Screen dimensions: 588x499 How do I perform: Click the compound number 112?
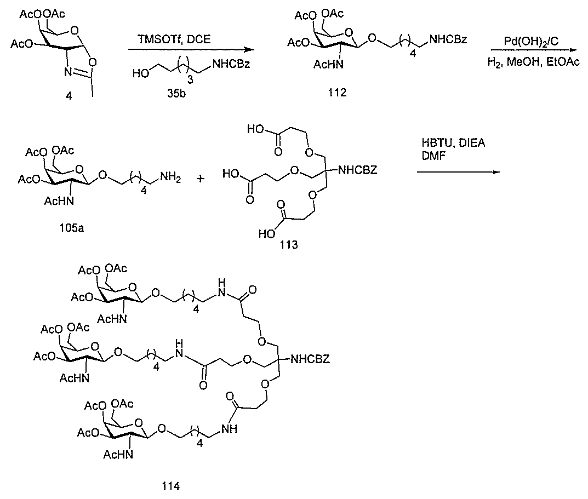point(337,92)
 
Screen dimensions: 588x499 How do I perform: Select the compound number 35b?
point(176,93)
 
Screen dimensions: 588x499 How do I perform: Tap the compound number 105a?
point(71,227)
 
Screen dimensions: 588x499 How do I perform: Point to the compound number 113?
point(288,245)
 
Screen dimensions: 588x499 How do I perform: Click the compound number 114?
point(170,486)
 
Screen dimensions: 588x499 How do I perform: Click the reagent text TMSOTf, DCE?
point(174,39)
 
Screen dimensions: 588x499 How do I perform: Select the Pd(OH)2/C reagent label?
point(531,42)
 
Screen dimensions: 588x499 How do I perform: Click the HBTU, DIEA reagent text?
point(453,143)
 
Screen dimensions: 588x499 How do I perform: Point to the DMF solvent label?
point(433,156)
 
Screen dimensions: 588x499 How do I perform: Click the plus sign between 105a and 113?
point(200,179)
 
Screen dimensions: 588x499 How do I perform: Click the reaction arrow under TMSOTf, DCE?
point(191,49)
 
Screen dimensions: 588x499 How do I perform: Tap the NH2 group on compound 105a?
point(170,177)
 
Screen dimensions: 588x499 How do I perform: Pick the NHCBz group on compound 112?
point(448,39)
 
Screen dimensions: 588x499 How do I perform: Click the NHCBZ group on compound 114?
point(310,359)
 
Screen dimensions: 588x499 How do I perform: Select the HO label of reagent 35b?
point(141,74)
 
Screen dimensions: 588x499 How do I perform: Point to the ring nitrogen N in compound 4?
point(67,72)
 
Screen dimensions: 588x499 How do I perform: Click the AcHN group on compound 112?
point(328,65)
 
